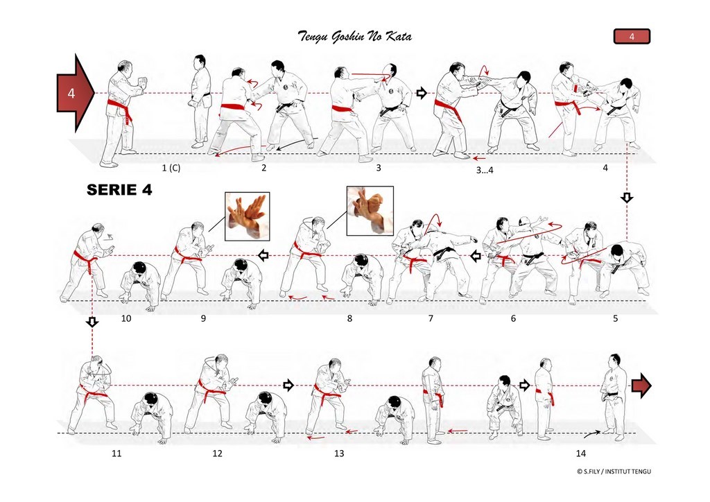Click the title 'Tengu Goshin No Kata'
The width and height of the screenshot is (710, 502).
pos(355,36)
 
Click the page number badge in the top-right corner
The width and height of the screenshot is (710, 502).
pos(632,36)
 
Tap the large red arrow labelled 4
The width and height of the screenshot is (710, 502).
pos(75,93)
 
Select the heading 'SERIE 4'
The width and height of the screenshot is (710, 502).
pos(119,189)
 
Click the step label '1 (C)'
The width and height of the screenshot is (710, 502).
pos(171,168)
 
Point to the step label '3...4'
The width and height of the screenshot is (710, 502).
pos(485,170)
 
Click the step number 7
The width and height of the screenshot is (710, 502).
pos(431,319)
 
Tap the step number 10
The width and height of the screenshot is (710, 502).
pos(126,318)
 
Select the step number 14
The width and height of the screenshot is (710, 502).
pos(580,453)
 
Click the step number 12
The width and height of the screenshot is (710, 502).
pos(217,453)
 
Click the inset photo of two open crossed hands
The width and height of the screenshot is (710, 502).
pos(248,216)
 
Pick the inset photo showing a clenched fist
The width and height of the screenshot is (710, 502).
pos(370,211)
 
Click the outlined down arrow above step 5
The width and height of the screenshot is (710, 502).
pos(627,198)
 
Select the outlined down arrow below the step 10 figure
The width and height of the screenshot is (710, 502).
pos(92,322)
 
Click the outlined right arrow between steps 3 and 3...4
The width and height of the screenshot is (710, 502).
pos(422,93)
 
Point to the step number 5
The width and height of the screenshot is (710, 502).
pos(616,319)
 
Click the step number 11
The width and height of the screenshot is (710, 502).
pos(116,453)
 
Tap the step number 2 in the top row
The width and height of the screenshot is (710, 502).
pos(264,168)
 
